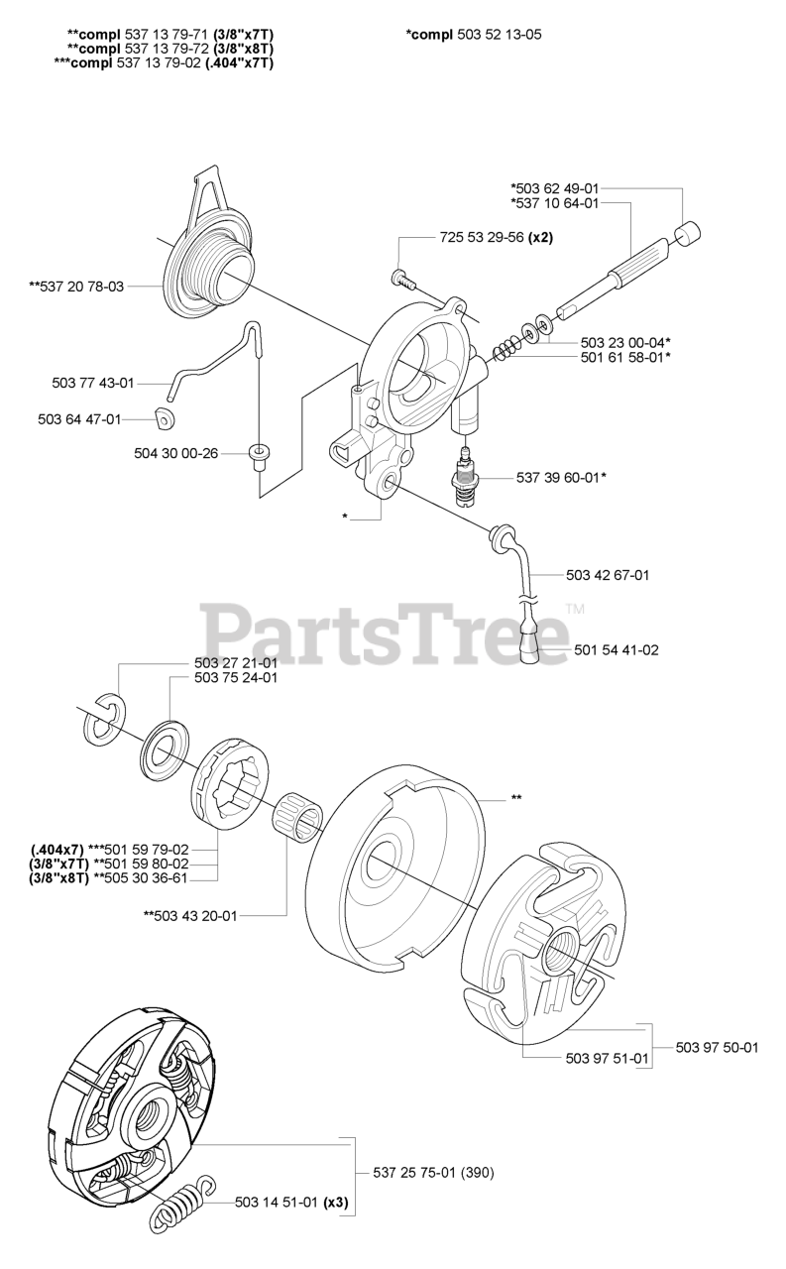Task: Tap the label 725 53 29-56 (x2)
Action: (496, 238)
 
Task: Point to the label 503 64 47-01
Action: (78, 419)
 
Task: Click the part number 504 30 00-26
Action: (175, 453)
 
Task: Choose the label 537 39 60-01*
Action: (561, 477)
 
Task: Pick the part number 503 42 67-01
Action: (608, 574)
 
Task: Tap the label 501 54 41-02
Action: (616, 650)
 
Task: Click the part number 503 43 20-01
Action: (190, 916)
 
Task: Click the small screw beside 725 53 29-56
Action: (402, 277)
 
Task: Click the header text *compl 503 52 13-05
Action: (474, 35)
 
